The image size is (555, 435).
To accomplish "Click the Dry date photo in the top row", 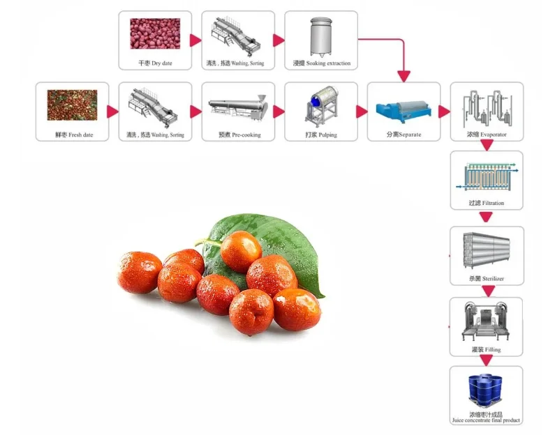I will (x=155, y=34).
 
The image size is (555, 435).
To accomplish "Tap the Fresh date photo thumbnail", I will (x=72, y=105).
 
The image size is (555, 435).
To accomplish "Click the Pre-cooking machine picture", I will (x=237, y=107).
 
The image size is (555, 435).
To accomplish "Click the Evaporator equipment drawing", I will (x=486, y=105).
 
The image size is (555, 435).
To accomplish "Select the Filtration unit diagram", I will (x=486, y=176).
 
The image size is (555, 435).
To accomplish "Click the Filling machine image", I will (x=486, y=321).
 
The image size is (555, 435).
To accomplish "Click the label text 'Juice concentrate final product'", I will (x=486, y=420).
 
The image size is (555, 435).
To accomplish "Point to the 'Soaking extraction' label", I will (x=321, y=64).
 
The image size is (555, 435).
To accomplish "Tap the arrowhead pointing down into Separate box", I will (x=403, y=75).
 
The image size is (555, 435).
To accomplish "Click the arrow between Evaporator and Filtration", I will (x=487, y=145).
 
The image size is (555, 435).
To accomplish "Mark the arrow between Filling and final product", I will (x=487, y=360).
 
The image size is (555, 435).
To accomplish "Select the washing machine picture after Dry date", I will (x=237, y=34).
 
